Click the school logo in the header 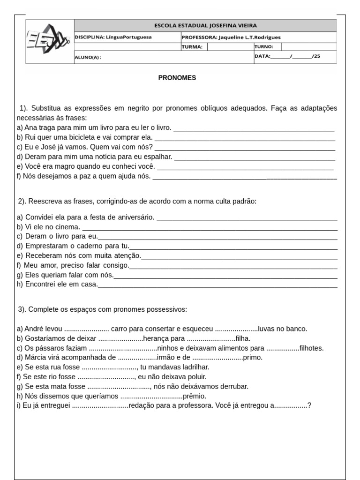[48, 41]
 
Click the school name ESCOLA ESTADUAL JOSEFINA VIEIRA [205, 26]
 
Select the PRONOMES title [177, 78]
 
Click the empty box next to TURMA [230, 47]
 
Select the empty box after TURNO [308, 47]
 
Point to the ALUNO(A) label [88, 58]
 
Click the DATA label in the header [262, 56]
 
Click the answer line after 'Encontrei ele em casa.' [217, 285]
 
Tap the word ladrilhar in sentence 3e [195, 367]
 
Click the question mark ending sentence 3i [309, 405]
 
